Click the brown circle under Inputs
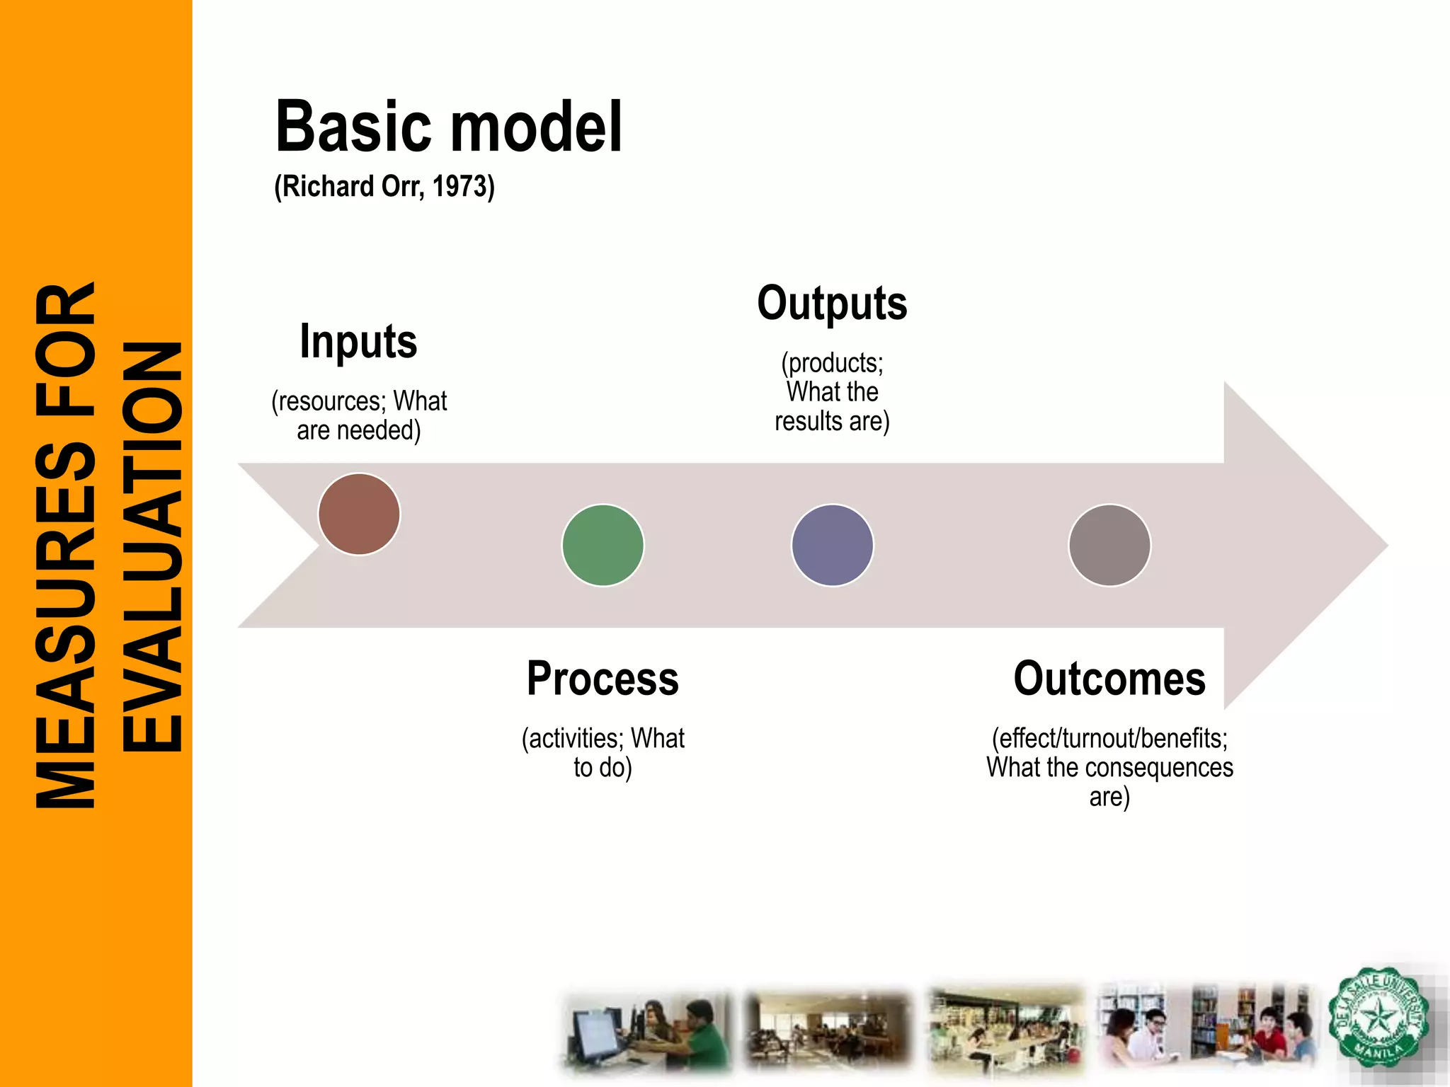pos(359,514)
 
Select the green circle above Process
pos(603,545)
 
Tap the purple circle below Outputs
pos(832,545)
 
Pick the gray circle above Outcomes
pos(1109,545)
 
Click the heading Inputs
pos(358,342)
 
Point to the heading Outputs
pos(832,304)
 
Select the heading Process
pos(603,679)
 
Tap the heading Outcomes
pos(1109,679)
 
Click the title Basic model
pos(449,127)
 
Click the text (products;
pos(832,363)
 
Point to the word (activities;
pos(573,739)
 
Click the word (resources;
pos(329,401)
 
